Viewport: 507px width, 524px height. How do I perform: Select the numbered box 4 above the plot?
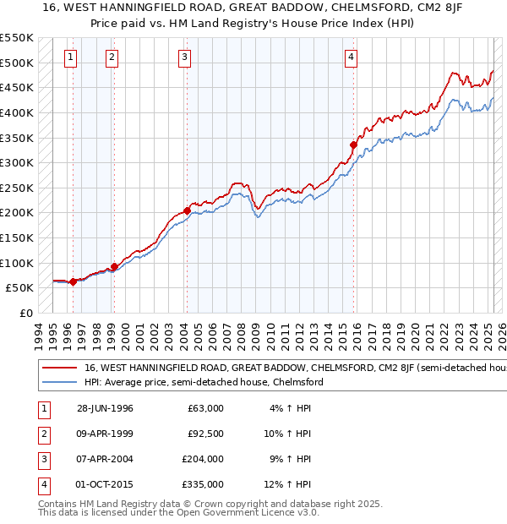(x=351, y=57)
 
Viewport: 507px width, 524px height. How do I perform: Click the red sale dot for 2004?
(x=187, y=210)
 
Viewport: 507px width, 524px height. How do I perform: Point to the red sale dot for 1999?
(x=114, y=266)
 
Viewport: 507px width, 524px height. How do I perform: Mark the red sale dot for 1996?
(x=74, y=281)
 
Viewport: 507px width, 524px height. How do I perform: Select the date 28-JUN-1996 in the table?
(x=105, y=408)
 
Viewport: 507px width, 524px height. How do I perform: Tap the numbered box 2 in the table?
(x=42, y=434)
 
